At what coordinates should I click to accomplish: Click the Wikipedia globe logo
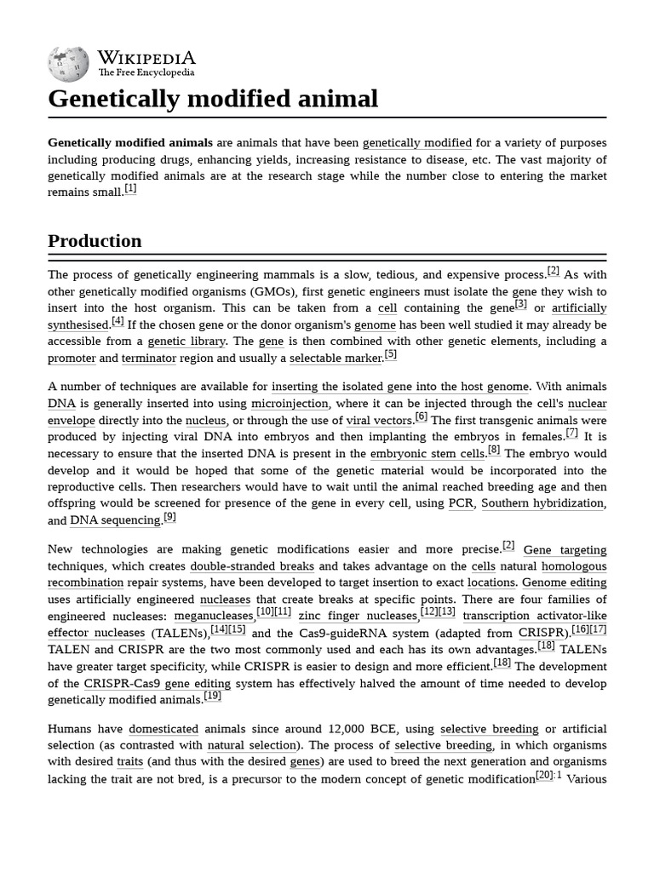[x=69, y=63]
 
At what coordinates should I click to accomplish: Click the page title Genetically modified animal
[x=213, y=99]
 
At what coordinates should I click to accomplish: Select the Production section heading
[x=95, y=241]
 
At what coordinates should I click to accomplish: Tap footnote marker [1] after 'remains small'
[x=130, y=189]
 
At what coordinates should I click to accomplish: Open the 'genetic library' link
[x=186, y=341]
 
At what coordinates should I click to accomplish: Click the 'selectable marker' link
[x=336, y=359]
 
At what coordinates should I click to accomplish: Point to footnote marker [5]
[x=390, y=355]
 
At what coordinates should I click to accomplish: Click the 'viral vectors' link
[x=379, y=421]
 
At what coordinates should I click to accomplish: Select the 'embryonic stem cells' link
[x=427, y=454]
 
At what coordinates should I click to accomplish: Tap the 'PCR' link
[x=460, y=503]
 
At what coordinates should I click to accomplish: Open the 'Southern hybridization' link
[x=542, y=503]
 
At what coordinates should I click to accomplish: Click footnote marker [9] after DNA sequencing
[x=169, y=517]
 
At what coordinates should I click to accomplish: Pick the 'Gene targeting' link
[x=565, y=550]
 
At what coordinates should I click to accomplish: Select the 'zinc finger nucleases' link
[x=358, y=616]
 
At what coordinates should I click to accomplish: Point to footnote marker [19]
[x=212, y=697]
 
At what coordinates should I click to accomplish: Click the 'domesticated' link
[x=163, y=730]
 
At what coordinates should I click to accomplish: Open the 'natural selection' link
[x=252, y=746]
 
